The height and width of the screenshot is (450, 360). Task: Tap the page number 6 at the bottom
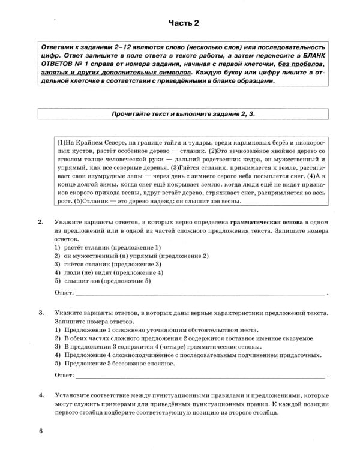[x=41, y=431]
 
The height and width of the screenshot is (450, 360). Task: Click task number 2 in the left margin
[x=41, y=222]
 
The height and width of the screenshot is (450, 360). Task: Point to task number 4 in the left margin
[x=41, y=396]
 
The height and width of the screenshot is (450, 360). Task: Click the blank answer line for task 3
[x=201, y=376]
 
